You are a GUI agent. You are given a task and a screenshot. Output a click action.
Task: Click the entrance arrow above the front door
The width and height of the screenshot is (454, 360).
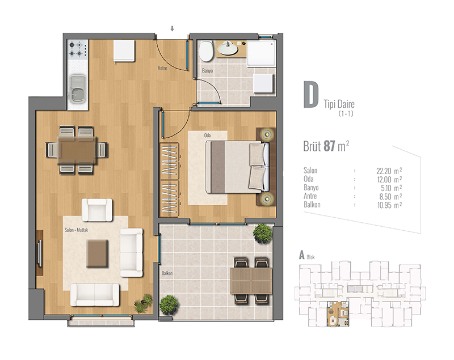pos(173,28)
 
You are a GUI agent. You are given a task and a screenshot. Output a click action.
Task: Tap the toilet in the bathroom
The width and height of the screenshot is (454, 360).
pos(206,51)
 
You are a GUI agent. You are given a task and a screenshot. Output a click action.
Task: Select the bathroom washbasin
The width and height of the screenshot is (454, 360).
pos(228,49)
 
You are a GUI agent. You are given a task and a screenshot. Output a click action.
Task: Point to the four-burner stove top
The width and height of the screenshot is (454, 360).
pos(78,49)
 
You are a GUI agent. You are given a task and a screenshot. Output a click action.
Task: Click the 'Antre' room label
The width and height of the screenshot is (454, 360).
pos(162,68)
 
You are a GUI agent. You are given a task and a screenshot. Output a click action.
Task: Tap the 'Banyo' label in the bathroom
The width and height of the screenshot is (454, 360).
pos(207,70)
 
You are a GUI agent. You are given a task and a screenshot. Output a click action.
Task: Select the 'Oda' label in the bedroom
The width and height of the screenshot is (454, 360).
pos(207,135)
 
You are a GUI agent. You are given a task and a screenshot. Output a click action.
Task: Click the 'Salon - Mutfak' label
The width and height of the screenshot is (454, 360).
pos(76,230)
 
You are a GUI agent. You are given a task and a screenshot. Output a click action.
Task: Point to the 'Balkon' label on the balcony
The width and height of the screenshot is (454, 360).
pos(167,273)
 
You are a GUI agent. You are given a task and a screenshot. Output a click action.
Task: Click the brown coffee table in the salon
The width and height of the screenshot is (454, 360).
pos(97,253)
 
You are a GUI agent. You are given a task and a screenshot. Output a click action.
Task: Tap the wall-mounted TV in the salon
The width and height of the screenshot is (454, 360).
pos(39,253)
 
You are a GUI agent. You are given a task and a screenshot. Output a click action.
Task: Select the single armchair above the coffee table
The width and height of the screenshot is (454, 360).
pos(97,210)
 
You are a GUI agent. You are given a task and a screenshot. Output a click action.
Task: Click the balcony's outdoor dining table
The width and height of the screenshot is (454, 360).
pos(251,281)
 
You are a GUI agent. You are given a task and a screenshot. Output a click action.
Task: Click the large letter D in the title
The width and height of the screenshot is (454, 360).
pos(311,95)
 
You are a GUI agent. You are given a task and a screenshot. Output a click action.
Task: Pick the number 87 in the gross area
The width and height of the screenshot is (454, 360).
pos(329,146)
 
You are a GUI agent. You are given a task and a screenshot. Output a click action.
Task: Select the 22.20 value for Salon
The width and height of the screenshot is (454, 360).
pos(384,171)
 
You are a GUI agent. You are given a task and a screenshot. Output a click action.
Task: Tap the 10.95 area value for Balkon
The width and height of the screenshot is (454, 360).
pos(384,205)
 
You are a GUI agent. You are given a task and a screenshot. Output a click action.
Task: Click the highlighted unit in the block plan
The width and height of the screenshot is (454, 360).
pos(338,314)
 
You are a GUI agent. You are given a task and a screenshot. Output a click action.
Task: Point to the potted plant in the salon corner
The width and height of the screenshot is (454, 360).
pos(144,303)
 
